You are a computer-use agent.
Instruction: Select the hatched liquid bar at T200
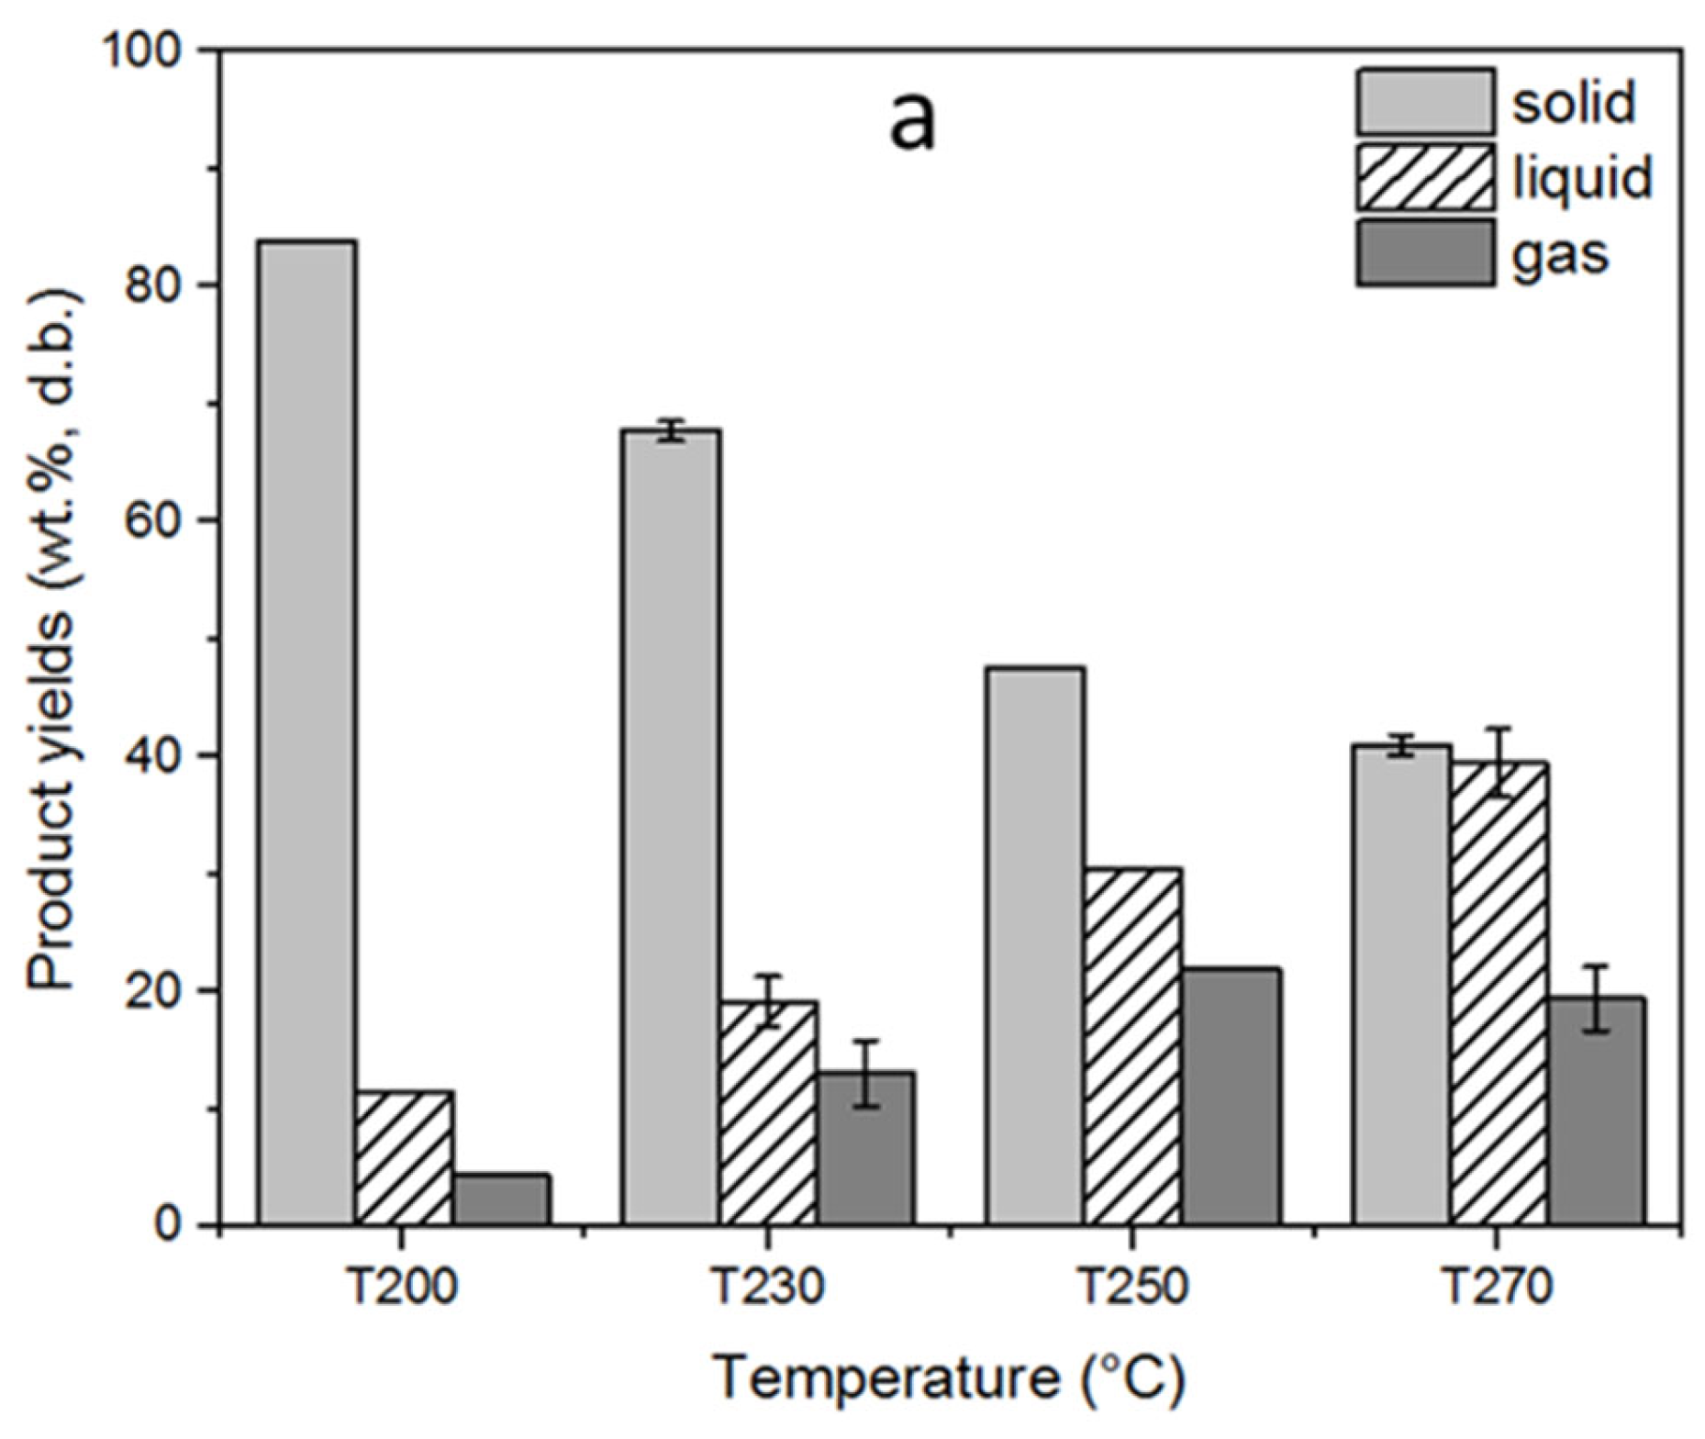click(x=404, y=1158)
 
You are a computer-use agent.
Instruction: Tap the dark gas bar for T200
click(x=501, y=1199)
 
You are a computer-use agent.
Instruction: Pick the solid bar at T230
click(x=672, y=826)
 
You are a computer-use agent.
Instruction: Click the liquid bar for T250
click(x=1131, y=1046)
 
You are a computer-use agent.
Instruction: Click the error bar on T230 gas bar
click(x=865, y=1074)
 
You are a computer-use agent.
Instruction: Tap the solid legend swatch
click(x=1425, y=102)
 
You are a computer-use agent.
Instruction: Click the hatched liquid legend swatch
click(x=1425, y=177)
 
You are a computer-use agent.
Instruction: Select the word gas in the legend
click(x=1560, y=254)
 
